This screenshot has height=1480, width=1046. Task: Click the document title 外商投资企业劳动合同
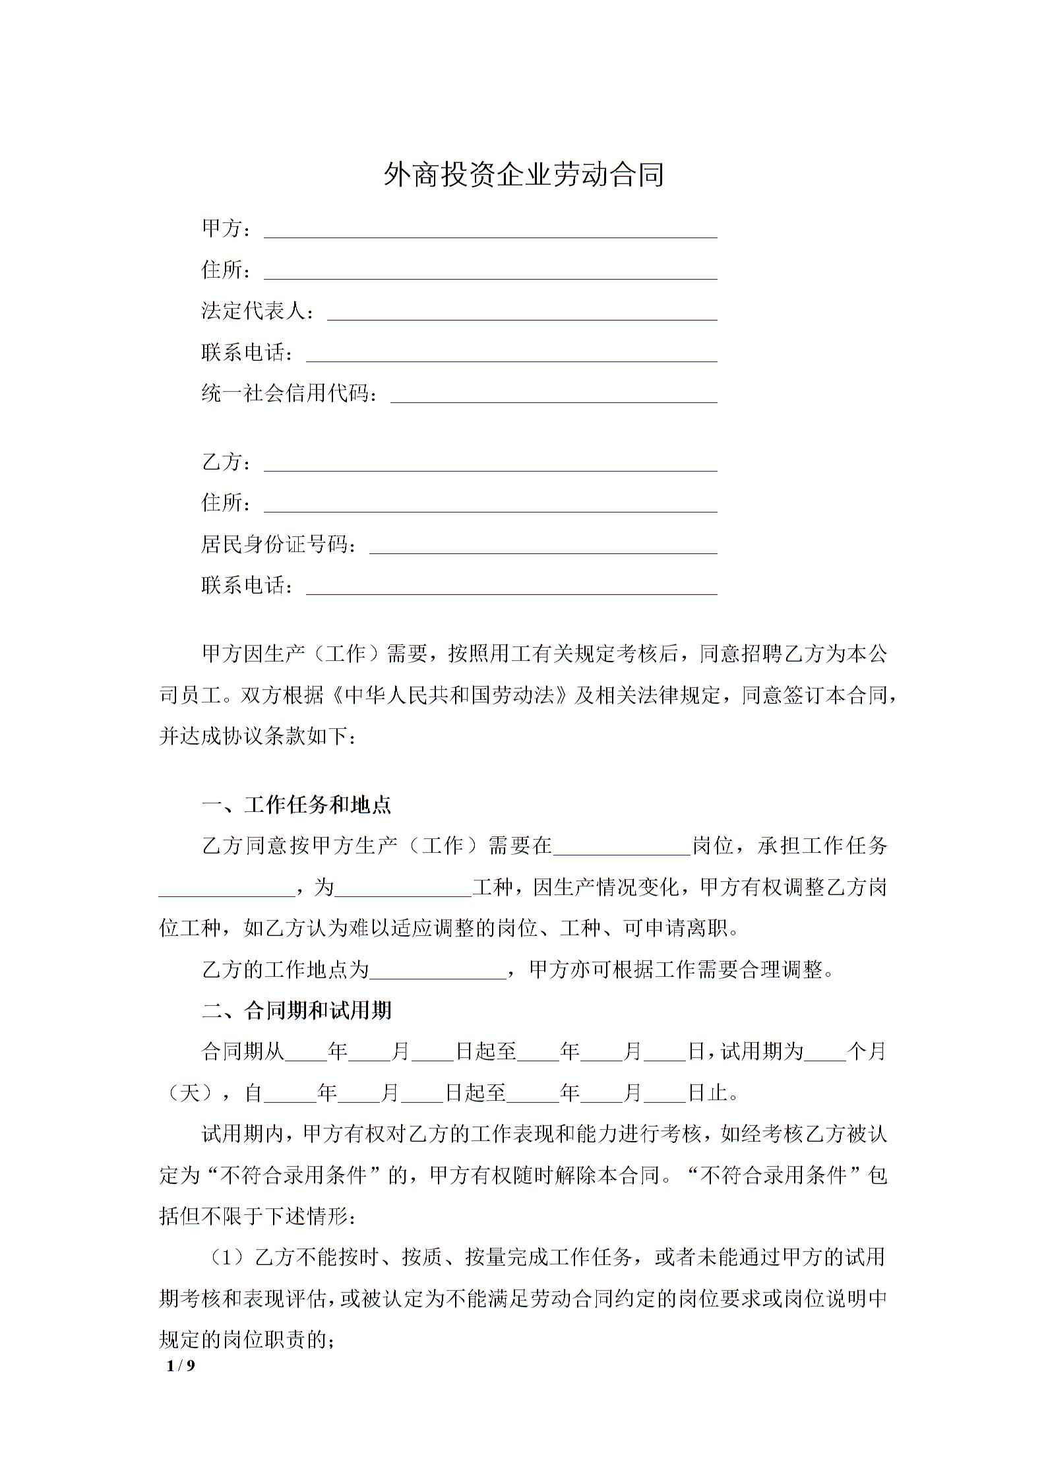click(x=523, y=175)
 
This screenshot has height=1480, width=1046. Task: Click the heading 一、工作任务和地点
click(x=297, y=805)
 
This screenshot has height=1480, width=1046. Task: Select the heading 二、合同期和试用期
click(x=297, y=1010)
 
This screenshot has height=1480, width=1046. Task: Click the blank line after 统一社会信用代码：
click(x=553, y=396)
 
